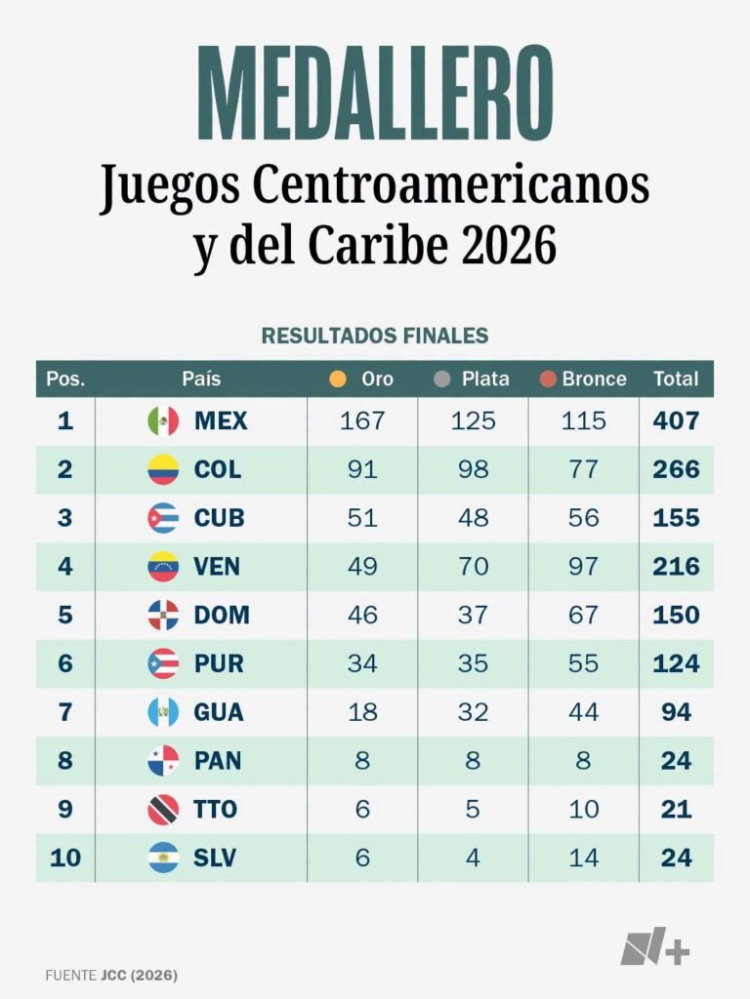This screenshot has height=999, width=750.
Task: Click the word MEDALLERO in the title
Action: pyautogui.click(x=375, y=93)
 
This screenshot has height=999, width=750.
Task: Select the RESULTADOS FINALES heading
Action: pyautogui.click(x=375, y=336)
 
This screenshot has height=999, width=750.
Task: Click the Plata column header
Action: pyautogui.click(x=485, y=380)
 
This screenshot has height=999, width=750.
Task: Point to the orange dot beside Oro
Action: pyautogui.click(x=337, y=380)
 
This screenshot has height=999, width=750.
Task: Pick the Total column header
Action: pyautogui.click(x=676, y=380)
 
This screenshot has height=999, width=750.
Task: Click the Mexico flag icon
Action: pyautogui.click(x=163, y=421)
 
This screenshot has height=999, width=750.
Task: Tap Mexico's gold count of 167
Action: pyautogui.click(x=362, y=421)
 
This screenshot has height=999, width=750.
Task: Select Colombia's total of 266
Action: pyautogui.click(x=676, y=469)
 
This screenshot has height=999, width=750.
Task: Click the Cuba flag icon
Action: pyautogui.click(x=163, y=518)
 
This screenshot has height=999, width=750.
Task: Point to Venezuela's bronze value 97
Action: pyautogui.click(x=584, y=567)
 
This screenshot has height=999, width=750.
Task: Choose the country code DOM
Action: pyautogui.click(x=222, y=615)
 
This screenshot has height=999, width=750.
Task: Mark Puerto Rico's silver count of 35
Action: pyautogui.click(x=473, y=663)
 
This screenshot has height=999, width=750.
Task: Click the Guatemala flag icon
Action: pyautogui.click(x=163, y=711)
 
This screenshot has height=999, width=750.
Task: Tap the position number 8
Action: pyautogui.click(x=65, y=760)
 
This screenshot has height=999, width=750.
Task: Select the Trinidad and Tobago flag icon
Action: pyautogui.click(x=163, y=809)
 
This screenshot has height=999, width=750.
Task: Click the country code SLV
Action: pyautogui.click(x=215, y=858)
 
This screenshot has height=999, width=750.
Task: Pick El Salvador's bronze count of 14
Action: pyautogui.click(x=584, y=858)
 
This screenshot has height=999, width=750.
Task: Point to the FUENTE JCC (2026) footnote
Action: pyautogui.click(x=111, y=975)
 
